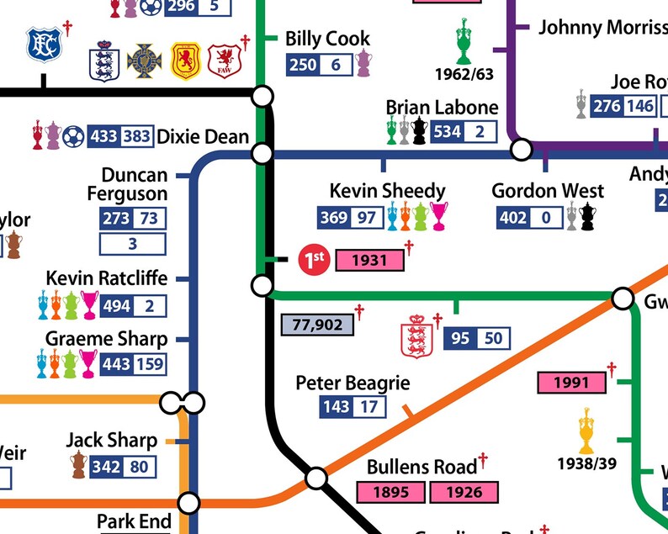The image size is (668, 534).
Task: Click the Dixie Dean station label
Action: [203, 136]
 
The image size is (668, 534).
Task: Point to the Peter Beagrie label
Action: [353, 383]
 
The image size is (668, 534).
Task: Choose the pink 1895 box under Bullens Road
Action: [392, 492]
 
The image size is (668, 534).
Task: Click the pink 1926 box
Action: [464, 492]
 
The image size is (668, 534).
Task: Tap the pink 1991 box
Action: [571, 383]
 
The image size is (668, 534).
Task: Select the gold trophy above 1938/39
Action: [586, 431]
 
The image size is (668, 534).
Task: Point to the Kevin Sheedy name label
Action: [387, 191]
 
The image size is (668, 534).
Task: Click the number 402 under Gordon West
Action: [513, 219]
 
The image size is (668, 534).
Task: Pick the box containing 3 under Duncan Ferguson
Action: [133, 245]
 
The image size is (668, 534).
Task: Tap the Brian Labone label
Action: [442, 108]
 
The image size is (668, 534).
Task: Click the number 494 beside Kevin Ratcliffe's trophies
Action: [116, 306]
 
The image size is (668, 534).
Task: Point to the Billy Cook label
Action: [327, 39]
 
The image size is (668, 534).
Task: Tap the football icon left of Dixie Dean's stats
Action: [73, 136]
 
